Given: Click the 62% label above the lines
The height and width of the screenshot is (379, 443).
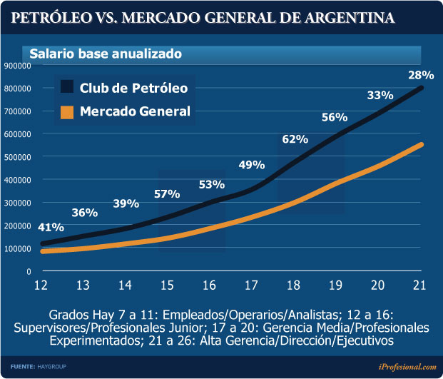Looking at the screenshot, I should [x=295, y=140].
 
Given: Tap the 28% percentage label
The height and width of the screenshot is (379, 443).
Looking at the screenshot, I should [x=421, y=75].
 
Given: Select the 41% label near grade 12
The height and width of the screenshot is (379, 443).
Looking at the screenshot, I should [x=51, y=228].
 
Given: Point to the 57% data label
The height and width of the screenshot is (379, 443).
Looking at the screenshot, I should [x=168, y=194].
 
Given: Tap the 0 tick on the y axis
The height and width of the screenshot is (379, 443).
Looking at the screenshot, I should [x=29, y=271].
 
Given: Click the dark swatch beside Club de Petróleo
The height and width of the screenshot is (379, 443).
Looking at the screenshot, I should [x=67, y=88].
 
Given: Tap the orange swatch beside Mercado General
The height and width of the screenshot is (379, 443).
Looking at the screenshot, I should [x=67, y=111].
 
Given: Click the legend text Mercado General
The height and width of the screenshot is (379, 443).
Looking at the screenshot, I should [x=135, y=111].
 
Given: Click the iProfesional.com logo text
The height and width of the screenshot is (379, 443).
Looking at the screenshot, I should [x=407, y=366].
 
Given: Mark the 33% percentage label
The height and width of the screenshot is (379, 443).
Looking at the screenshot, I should [x=380, y=96].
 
